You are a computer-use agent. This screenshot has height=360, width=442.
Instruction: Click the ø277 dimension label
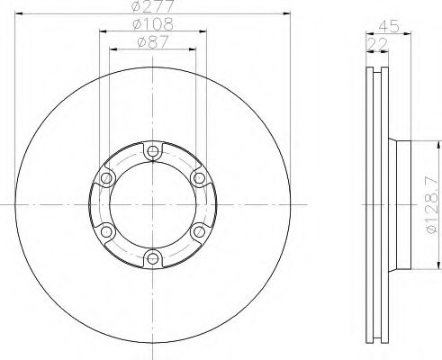coord(151,7)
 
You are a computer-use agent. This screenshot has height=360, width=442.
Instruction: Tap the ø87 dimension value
coord(151,41)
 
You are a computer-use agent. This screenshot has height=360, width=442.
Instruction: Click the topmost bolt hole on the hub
coord(152,150)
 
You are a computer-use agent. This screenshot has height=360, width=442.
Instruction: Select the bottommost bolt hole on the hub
coord(152,260)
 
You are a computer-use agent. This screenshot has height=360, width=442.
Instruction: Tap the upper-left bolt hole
coord(105,178)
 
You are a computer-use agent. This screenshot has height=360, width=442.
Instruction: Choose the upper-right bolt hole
coord(199,178)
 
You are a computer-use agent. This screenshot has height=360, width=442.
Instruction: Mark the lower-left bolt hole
coord(105,233)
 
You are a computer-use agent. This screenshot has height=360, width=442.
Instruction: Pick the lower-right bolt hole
coord(199,233)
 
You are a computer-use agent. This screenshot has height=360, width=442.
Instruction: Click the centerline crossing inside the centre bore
coord(152,205)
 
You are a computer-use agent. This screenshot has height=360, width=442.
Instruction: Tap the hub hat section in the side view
coord(401,205)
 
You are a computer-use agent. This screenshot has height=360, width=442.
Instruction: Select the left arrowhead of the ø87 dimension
coord(113,49)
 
